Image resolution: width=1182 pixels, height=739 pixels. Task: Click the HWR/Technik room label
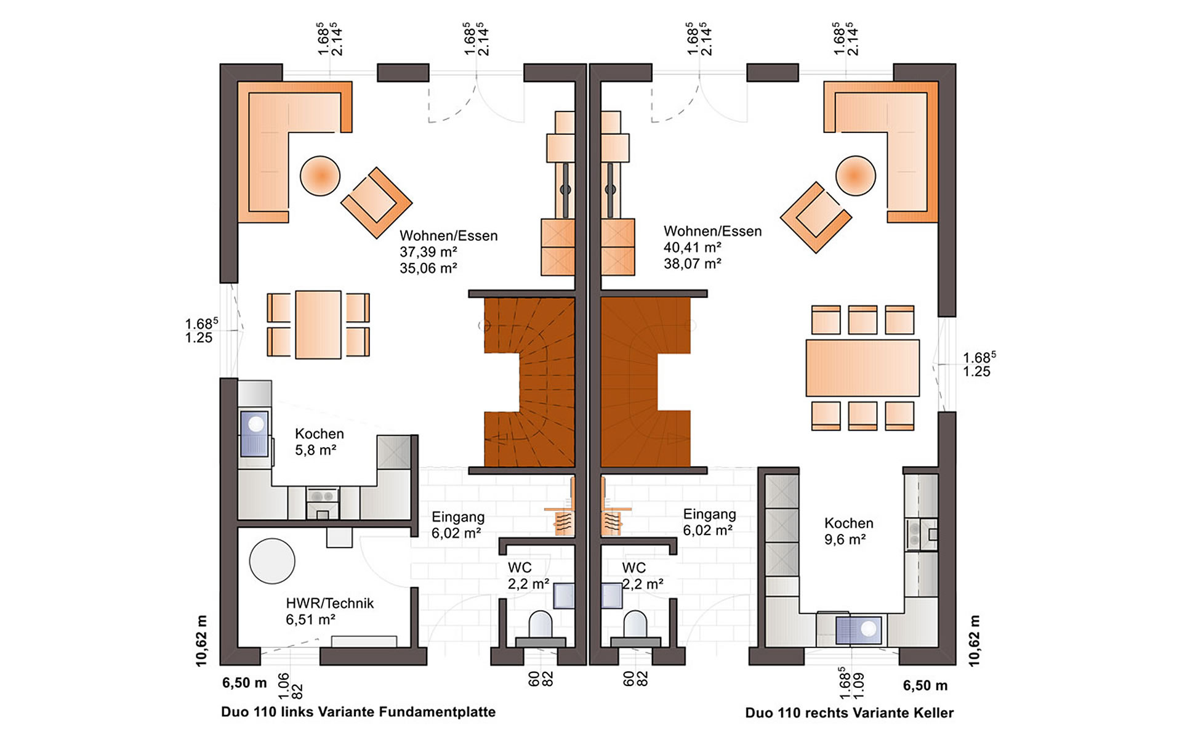pyautogui.click(x=329, y=604)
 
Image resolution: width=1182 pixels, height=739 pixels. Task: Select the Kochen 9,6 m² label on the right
pyautogui.click(x=848, y=531)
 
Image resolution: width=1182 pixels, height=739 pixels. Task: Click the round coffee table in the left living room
pyautogui.click(x=320, y=176)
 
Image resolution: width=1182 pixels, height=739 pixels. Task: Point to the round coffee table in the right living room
pyautogui.click(x=855, y=176)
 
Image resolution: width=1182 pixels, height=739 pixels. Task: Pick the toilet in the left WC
pyautogui.click(x=541, y=627)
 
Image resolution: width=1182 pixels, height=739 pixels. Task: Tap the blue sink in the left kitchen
pyautogui.click(x=255, y=434)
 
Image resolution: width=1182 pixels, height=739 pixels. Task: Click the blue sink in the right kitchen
pyautogui.click(x=859, y=630)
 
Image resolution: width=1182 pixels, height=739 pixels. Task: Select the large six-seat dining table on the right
pyautogui.click(x=862, y=368)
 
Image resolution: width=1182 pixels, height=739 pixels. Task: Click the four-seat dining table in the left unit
pyautogui.click(x=318, y=325)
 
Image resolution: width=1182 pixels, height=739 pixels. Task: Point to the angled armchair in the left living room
pyautogui.click(x=376, y=203)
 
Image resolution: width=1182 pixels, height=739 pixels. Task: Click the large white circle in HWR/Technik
pyautogui.click(x=272, y=561)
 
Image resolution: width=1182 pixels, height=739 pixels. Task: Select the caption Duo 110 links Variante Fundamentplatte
pyautogui.click(x=358, y=712)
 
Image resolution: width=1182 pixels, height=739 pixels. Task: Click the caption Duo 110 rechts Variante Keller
pyautogui.click(x=849, y=713)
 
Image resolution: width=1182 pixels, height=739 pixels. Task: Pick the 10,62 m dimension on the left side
pyautogui.click(x=201, y=640)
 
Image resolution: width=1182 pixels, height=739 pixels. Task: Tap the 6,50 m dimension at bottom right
pyautogui.click(x=925, y=685)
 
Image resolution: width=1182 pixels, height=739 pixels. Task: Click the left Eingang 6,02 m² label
pyautogui.click(x=457, y=525)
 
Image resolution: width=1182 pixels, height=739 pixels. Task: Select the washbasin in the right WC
pyautogui.click(x=611, y=596)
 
